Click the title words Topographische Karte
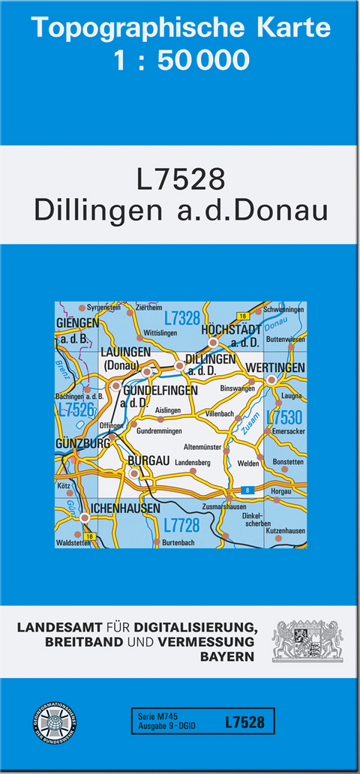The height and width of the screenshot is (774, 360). pyautogui.click(x=181, y=28)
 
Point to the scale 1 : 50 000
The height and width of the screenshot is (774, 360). pyautogui.click(x=181, y=60)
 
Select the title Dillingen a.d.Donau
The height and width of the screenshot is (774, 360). pyautogui.click(x=181, y=210)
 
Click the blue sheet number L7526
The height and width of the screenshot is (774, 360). pyautogui.click(x=75, y=409)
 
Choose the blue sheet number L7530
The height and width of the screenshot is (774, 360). pyautogui.click(x=284, y=417)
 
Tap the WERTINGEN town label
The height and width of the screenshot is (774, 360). pyautogui.click(x=275, y=367)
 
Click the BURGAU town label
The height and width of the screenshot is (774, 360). pyautogui.click(x=148, y=460)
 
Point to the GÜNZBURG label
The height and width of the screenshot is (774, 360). pyautogui.click(x=83, y=443)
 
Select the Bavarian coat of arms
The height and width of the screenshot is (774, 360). pyautogui.click(x=307, y=640)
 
